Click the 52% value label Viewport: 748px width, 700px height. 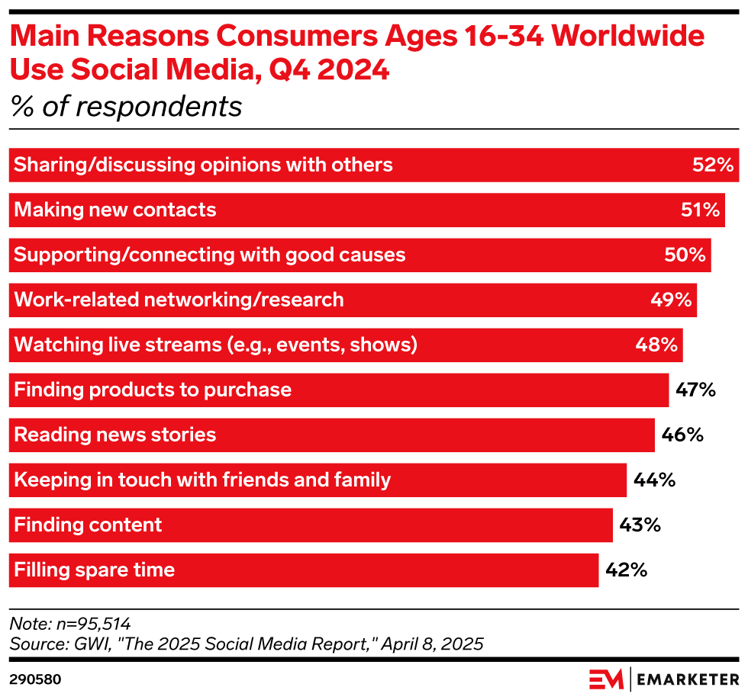tap(713, 165)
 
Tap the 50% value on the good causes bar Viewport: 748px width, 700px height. tap(685, 255)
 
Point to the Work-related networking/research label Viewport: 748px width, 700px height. tap(179, 300)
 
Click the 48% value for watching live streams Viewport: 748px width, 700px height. tap(656, 345)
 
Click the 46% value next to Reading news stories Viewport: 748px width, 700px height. tap(682, 435)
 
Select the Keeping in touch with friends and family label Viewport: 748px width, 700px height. tap(202, 480)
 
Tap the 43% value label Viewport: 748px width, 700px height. tap(640, 525)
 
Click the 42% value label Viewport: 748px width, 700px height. tap(626, 570)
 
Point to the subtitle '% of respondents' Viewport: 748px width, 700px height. tap(126, 107)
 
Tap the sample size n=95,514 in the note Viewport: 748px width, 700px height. tap(92, 623)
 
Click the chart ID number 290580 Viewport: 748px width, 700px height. tap(35, 679)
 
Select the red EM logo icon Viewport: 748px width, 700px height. tap(605, 678)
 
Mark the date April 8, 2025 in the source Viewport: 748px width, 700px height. tap(432, 644)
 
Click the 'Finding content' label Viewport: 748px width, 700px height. tap(89, 525)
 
